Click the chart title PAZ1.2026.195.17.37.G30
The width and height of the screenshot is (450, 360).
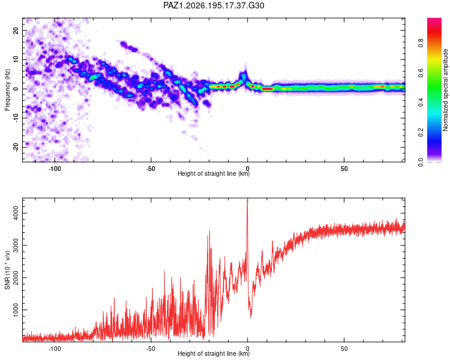(214, 5)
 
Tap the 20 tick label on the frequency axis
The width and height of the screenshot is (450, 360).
(16, 30)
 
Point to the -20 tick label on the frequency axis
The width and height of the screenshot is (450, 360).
(16, 147)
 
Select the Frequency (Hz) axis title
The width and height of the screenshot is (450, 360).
(7, 89)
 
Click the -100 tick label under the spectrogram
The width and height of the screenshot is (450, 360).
(55, 169)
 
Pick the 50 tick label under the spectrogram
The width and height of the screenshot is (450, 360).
(344, 169)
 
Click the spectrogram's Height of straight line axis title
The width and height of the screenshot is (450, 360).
(214, 173)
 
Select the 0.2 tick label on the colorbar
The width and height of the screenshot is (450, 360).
(421, 132)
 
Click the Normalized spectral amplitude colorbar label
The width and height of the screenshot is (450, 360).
(445, 90)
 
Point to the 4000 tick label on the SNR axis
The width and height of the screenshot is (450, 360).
(16, 214)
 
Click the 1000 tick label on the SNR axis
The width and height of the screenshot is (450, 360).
(16, 310)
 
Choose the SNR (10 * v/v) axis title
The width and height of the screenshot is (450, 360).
(7, 270)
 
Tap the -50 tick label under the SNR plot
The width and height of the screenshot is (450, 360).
(151, 349)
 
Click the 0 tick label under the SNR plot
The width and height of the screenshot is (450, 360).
(247, 349)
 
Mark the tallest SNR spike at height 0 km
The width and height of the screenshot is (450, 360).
(247, 199)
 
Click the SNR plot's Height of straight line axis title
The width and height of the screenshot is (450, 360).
(214, 353)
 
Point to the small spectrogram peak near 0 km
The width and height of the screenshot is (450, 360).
(245, 75)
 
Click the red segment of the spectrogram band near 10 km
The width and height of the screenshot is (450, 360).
(268, 89)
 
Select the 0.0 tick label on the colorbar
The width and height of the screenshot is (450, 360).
(421, 163)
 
